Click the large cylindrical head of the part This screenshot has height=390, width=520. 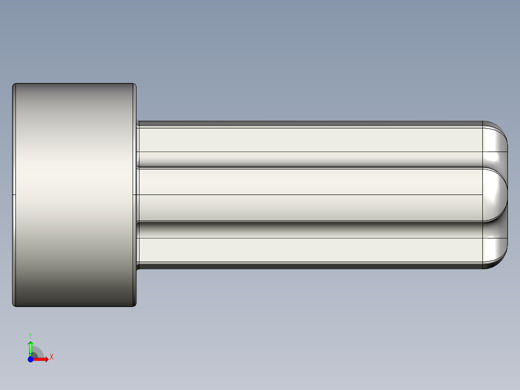pos(74,195)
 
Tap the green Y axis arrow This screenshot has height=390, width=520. pos(30,347)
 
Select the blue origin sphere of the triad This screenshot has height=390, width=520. pos(30,359)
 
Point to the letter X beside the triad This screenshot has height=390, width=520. pos(52,357)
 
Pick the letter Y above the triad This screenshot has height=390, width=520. pos(30,335)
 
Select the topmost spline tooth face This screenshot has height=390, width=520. pos(309,139)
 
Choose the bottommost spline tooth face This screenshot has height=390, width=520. pos(309,250)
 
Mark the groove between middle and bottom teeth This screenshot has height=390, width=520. pos(309,229)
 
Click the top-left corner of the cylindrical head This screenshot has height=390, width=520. pos(14,85)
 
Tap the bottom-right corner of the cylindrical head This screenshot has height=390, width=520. pos(135,305)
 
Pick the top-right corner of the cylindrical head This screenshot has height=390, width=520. pos(135,85)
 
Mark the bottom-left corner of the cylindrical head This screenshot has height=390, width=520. pos(14,305)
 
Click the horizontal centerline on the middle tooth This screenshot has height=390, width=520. pos(309,195)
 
